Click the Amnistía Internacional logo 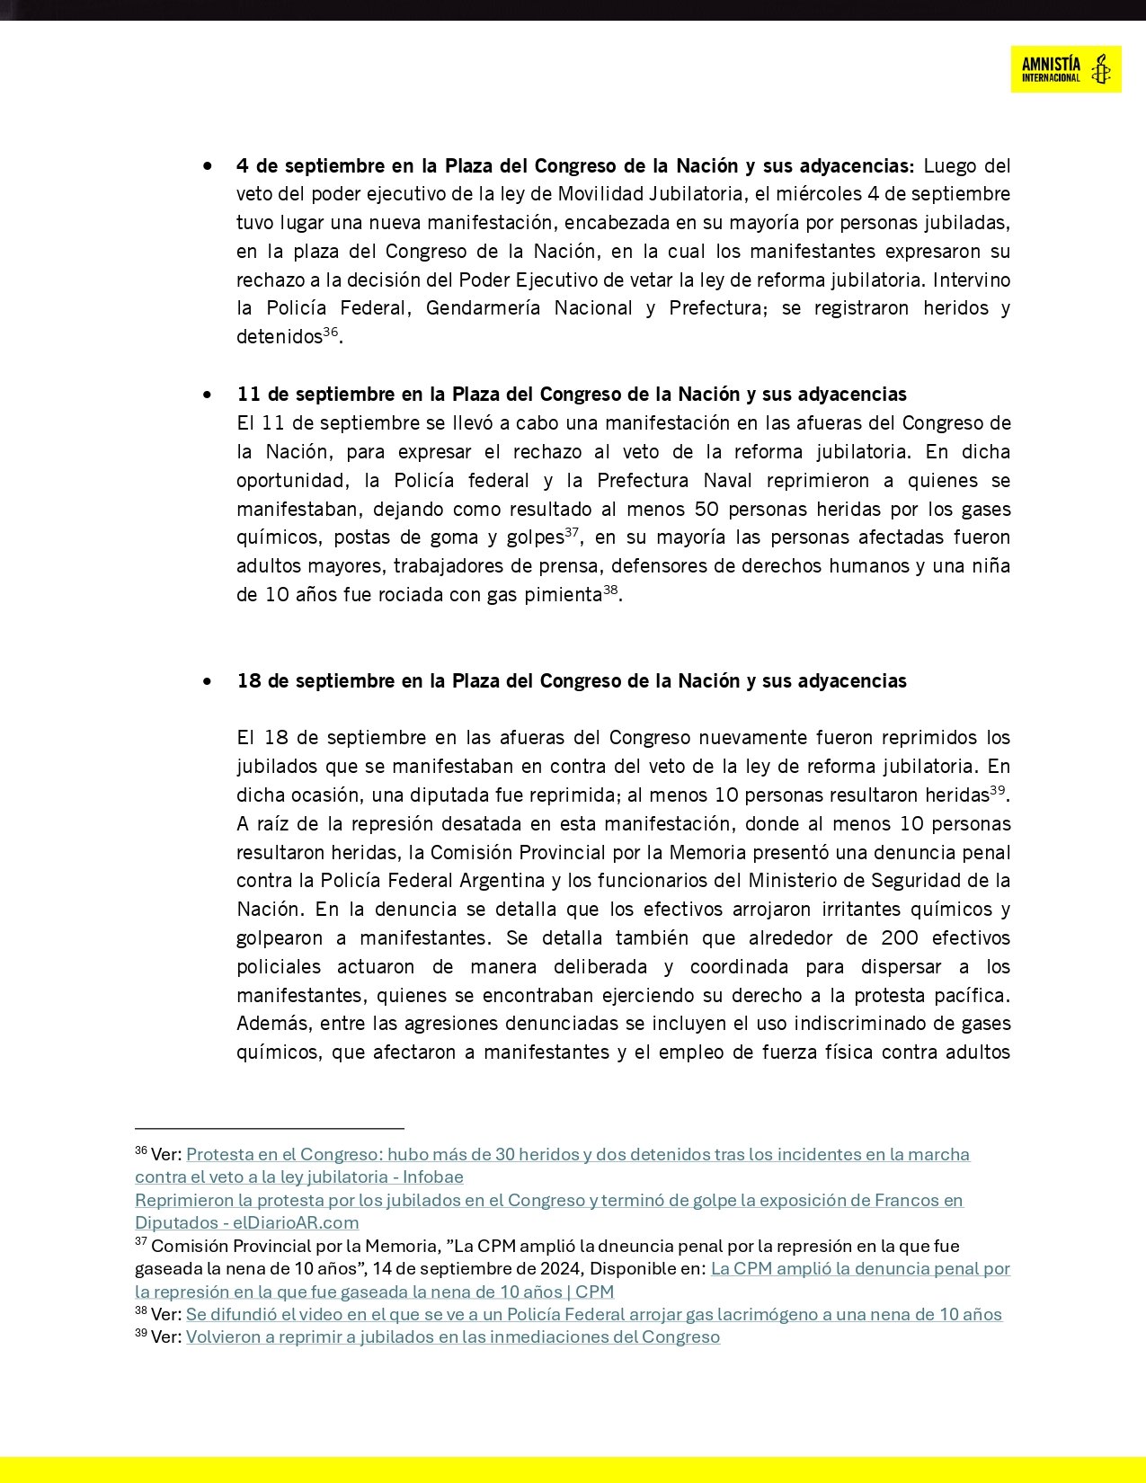pyautogui.click(x=1065, y=69)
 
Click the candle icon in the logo pyautogui.click(x=1100, y=69)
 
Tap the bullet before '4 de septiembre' pyautogui.click(x=209, y=166)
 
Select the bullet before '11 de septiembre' pyautogui.click(x=209, y=395)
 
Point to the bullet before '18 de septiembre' pyautogui.click(x=209, y=681)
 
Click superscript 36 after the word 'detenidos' pyautogui.click(x=331, y=332)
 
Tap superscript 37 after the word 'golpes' pyautogui.click(x=572, y=532)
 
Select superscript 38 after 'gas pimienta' pyautogui.click(x=610, y=590)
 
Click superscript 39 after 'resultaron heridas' pyautogui.click(x=997, y=790)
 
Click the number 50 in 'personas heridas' pyautogui.click(x=707, y=510)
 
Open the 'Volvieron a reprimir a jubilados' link pyautogui.click(x=452, y=1337)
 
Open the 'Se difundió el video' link pyautogui.click(x=593, y=1315)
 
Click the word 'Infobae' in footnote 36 pyautogui.click(x=433, y=1177)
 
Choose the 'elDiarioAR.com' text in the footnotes pyautogui.click(x=296, y=1223)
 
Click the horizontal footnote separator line pyautogui.click(x=270, y=1128)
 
